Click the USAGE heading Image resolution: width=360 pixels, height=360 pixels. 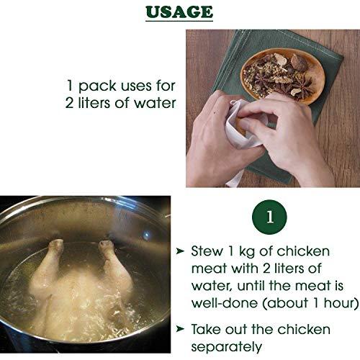click(179, 12)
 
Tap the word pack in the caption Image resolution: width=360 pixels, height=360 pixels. click(97, 86)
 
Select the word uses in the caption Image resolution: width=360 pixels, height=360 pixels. click(136, 86)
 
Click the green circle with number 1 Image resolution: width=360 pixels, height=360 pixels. click(269, 217)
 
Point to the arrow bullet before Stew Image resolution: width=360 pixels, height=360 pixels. click(180, 251)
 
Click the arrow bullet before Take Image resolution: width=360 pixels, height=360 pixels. click(180, 329)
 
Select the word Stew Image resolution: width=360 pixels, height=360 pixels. click(207, 251)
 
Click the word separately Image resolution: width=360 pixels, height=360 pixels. click(227, 347)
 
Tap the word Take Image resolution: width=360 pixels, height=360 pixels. click(207, 329)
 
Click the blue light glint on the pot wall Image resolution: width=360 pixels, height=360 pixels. click(146, 235)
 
